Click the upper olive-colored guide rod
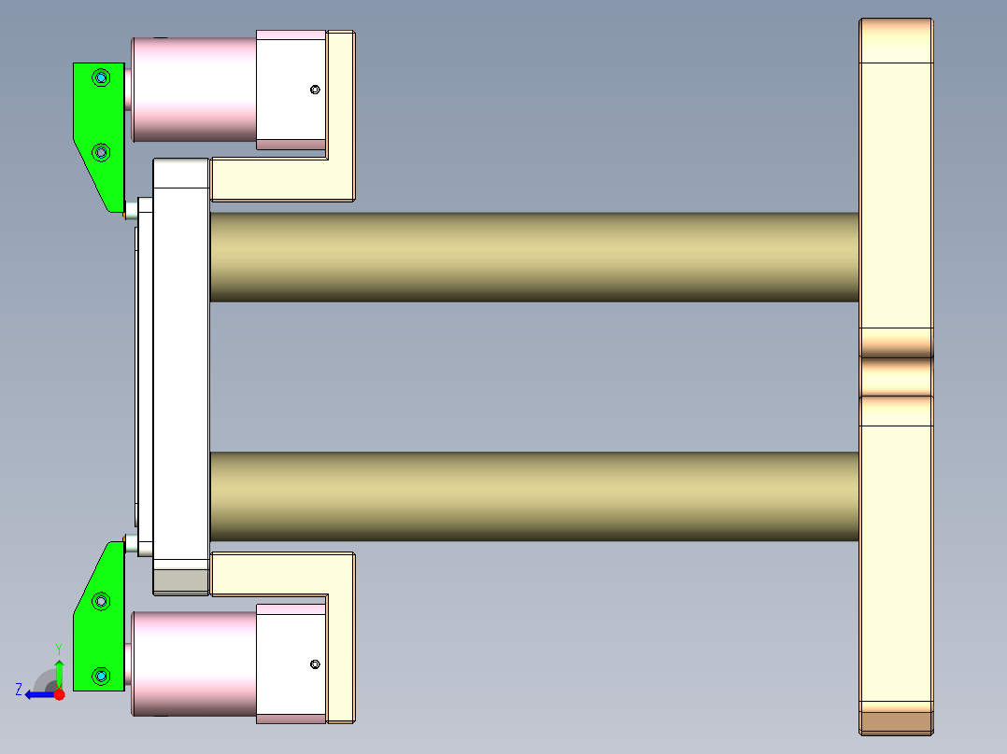[532, 257]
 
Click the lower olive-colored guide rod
[532, 496]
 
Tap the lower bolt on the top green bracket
[101, 151]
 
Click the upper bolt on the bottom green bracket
[101, 602]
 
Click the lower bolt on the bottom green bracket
[101, 674]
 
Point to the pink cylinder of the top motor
[193, 89]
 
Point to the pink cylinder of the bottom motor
[193, 663]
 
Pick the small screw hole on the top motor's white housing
[315, 90]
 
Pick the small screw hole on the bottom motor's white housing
[315, 664]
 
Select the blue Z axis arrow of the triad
[37, 694]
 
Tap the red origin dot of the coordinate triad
[59, 694]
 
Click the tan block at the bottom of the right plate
[896, 721]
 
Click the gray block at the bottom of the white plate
[181, 581]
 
